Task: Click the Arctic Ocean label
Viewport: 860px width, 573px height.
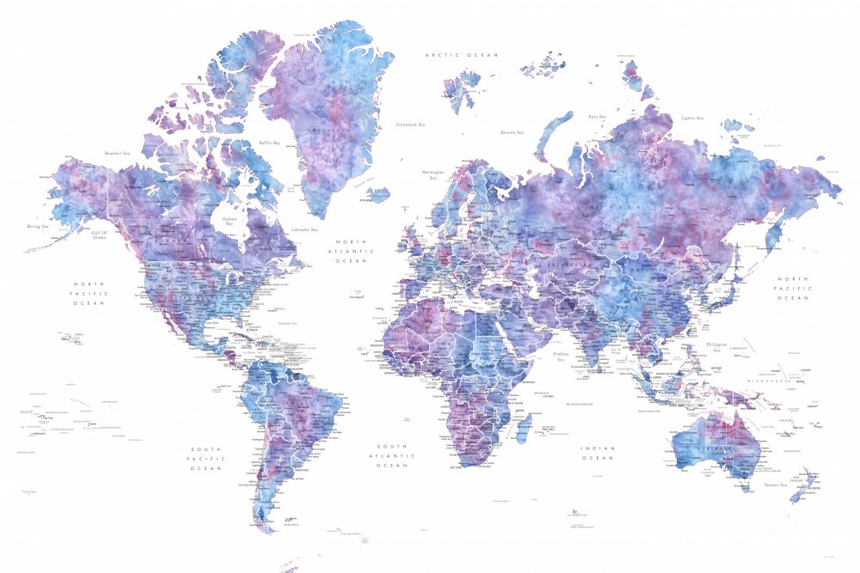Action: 462,55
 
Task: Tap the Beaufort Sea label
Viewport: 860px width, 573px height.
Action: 117,154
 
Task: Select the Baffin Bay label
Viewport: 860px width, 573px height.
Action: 270,143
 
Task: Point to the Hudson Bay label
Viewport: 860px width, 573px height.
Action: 229,221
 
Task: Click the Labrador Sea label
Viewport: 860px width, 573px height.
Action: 304,229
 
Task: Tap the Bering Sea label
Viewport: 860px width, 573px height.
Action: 37,227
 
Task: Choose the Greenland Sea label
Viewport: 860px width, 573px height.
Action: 411,124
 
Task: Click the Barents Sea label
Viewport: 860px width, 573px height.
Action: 513,132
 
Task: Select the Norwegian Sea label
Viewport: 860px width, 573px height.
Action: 433,174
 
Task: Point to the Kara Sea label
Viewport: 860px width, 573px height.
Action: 597,115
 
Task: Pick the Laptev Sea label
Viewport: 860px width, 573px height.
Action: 692,118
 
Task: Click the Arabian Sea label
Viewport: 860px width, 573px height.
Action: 565,357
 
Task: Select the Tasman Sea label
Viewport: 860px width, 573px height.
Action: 777,485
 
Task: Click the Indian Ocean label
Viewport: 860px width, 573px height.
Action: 598,453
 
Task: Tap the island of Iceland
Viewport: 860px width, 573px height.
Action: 377,194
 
